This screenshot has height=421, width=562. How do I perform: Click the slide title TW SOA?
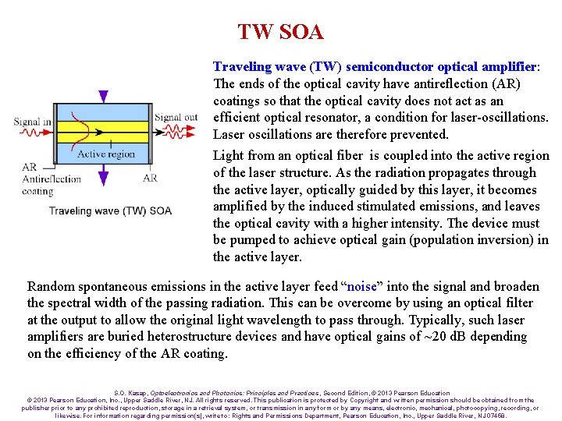tap(280, 32)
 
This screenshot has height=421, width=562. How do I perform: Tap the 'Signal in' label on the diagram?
tap(33, 122)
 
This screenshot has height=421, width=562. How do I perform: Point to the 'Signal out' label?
tap(176, 118)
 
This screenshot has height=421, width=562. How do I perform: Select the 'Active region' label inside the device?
tap(106, 154)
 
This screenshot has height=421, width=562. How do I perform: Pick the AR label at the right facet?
tap(150, 178)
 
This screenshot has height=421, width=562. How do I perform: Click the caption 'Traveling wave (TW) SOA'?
tap(110, 210)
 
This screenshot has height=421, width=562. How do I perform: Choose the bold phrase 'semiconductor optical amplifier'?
tap(442, 67)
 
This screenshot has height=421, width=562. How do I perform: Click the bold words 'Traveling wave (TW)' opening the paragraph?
tap(277, 67)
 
